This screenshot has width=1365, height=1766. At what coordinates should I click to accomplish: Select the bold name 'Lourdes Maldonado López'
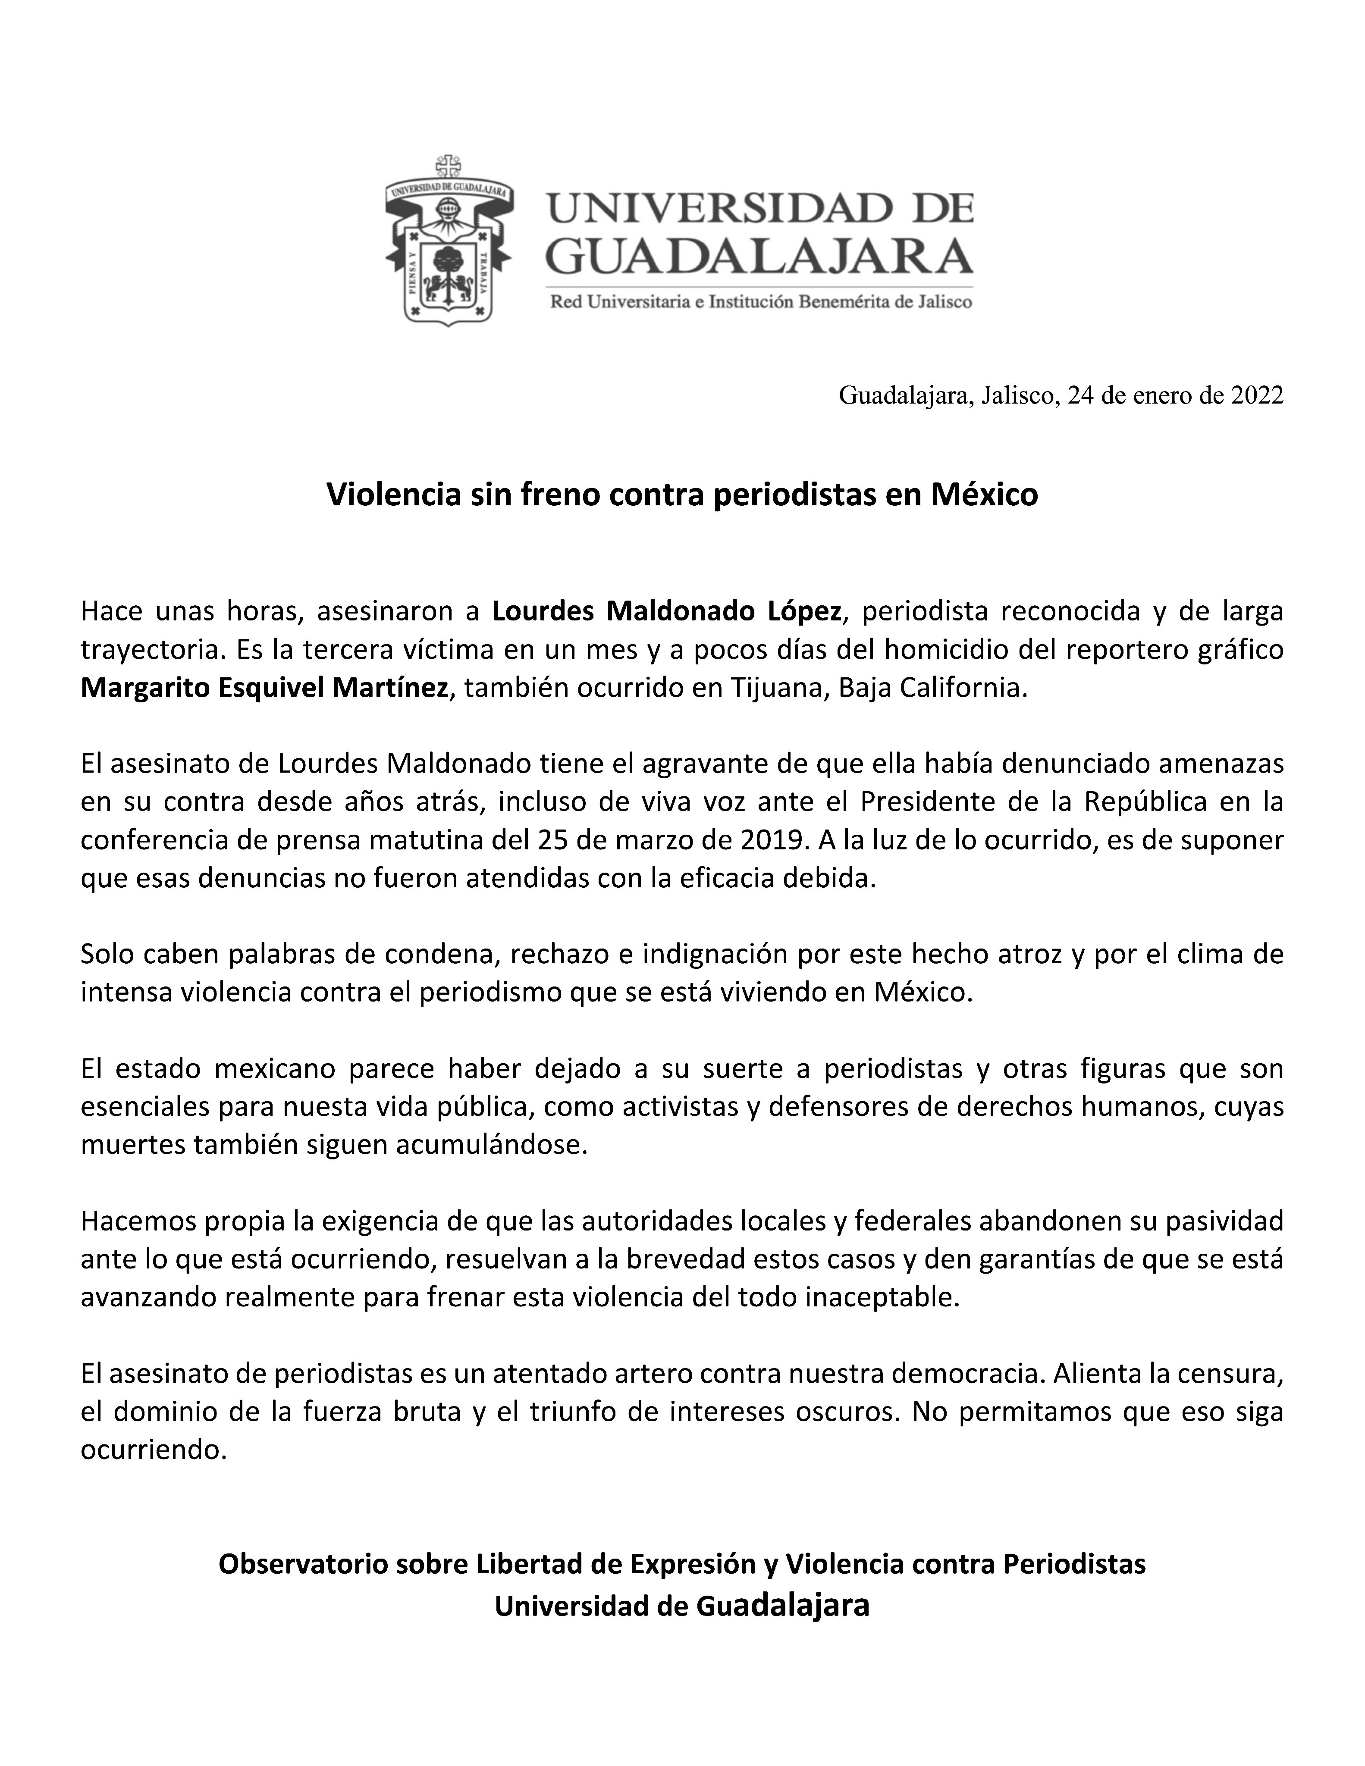click(x=667, y=611)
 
